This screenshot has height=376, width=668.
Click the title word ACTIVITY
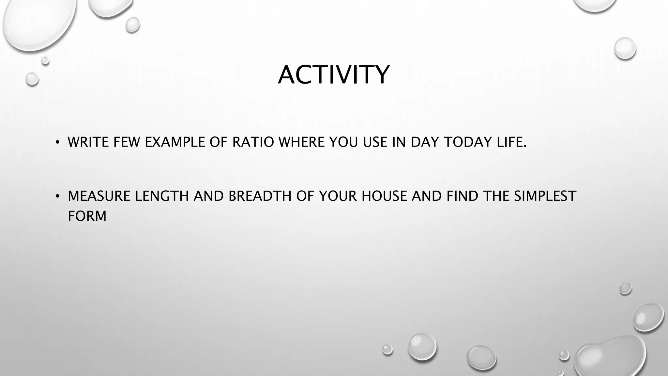(334, 75)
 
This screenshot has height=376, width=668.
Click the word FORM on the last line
(87, 216)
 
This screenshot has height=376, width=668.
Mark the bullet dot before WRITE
(57, 142)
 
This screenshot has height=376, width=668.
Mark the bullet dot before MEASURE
(57, 196)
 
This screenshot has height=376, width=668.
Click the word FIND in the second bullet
(463, 196)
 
